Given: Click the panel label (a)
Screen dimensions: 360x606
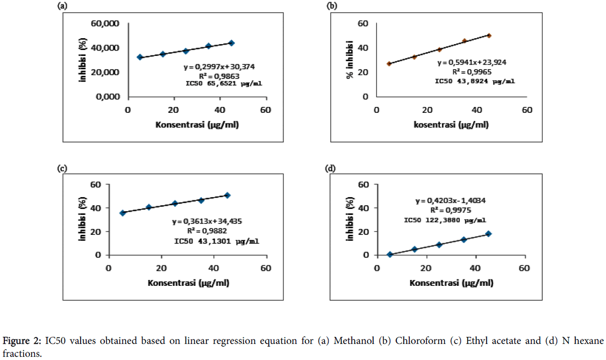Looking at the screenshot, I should [x=62, y=6].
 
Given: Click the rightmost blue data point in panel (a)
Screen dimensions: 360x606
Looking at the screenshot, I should [x=231, y=43].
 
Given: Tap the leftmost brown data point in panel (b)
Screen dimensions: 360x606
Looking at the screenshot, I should [x=389, y=63].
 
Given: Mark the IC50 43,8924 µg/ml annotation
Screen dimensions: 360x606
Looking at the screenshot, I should [x=474, y=81].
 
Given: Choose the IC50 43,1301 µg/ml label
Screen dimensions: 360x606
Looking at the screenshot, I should [x=216, y=241].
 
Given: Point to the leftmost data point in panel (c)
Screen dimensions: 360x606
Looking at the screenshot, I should [x=123, y=213].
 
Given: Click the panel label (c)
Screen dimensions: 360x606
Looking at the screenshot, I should [x=62, y=168].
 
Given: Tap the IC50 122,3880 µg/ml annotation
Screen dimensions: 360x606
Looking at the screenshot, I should [x=445, y=220].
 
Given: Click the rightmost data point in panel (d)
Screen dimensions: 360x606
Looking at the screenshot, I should [x=488, y=234].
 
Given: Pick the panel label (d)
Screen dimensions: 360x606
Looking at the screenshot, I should [x=331, y=168].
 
